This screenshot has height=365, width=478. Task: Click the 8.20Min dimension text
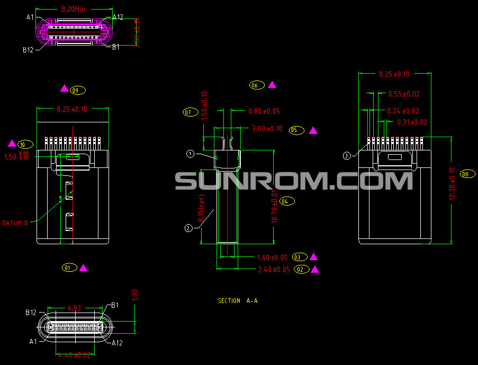pyautogui.click(x=73, y=9)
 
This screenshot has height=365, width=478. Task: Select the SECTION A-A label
pyautogui.click(x=238, y=301)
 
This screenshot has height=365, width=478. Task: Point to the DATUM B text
pyautogui.click(x=15, y=223)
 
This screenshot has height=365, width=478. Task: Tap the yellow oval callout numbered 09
pyautogui.click(x=78, y=91)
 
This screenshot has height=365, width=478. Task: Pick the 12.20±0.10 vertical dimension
pyautogui.click(x=452, y=184)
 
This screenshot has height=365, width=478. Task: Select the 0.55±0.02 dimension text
pyautogui.click(x=404, y=94)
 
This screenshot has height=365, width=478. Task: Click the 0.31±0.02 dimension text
pyautogui.click(x=412, y=122)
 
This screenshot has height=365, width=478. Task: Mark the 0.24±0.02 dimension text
pyautogui.click(x=403, y=111)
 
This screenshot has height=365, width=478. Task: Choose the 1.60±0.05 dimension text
pyautogui.click(x=272, y=257)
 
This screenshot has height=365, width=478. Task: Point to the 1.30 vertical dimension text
pyautogui.click(x=134, y=295)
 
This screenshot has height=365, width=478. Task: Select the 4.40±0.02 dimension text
pyautogui.click(x=74, y=355)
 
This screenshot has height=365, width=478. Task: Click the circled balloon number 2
pyautogui.click(x=188, y=228)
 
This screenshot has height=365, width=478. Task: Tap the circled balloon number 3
pyautogui.click(x=346, y=156)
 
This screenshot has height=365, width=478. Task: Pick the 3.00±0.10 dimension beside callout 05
pyautogui.click(x=267, y=129)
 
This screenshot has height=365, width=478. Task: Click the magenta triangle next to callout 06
pyautogui.click(x=272, y=85)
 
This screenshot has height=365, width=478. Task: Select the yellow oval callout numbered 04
pyautogui.click(x=287, y=201)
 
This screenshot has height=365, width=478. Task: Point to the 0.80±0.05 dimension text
pyautogui.click(x=264, y=111)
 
